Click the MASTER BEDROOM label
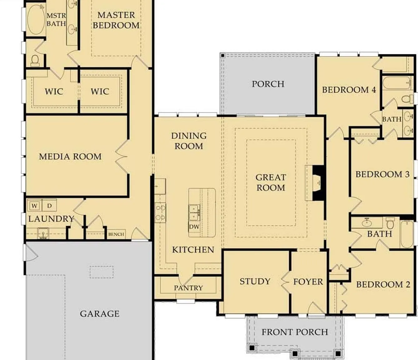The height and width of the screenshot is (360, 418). tap(116, 20)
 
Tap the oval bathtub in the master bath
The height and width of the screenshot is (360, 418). tap(36, 19)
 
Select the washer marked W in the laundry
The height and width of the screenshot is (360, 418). tap(34, 206)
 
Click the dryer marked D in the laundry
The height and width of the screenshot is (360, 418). tap(49, 206)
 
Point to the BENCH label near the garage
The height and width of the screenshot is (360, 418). tap(116, 234)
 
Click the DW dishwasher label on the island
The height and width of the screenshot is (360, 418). tap(194, 227)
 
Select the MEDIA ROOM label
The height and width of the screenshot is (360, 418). tap(70, 157)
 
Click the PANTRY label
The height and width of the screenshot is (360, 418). tap(188, 288)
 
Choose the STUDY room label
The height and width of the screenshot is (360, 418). tap(255, 281)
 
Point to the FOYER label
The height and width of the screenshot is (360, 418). tap(308, 282)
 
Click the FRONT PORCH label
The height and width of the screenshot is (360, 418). tap(295, 332)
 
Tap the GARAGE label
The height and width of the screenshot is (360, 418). tap(100, 314)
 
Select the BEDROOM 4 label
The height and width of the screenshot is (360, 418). tap(349, 90)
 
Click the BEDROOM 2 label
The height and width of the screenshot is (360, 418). tap(383, 284)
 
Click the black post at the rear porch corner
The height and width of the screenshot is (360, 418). tap(223, 55)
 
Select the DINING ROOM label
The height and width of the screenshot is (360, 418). tap(189, 141)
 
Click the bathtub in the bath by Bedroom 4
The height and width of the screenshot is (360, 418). tap(396, 82)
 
